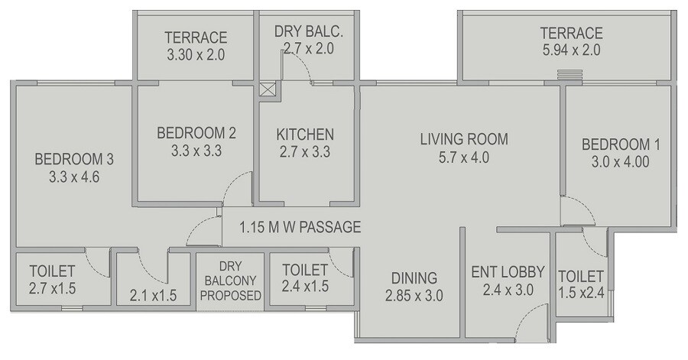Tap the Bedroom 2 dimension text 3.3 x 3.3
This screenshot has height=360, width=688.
196,151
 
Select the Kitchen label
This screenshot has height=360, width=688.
305,134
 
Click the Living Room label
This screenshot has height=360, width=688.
464,139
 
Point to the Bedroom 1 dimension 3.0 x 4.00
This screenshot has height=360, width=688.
621,162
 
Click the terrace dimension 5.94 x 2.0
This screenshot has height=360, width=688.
571,51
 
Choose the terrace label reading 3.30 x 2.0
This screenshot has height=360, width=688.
196,55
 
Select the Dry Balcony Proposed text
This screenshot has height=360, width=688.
230,280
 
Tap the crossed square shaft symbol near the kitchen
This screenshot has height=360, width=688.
268,89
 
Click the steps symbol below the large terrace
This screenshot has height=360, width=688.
569,74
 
